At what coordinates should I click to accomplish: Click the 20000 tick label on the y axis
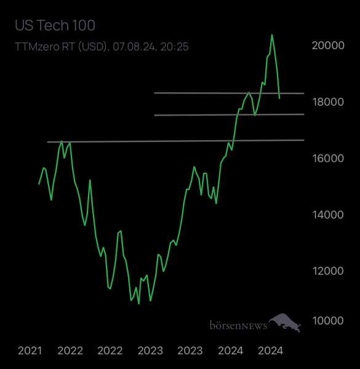pyautogui.click(x=327, y=46)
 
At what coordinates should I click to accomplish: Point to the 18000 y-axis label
pyautogui.click(x=327, y=101)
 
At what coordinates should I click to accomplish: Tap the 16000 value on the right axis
pyautogui.click(x=327, y=158)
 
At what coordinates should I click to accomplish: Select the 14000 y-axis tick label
pyautogui.click(x=327, y=215)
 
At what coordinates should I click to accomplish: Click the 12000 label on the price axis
pyautogui.click(x=327, y=271)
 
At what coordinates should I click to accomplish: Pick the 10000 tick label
pyautogui.click(x=327, y=321)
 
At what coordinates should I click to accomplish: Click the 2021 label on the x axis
pyautogui.click(x=30, y=351)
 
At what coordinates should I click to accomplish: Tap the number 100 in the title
pyautogui.click(x=84, y=26)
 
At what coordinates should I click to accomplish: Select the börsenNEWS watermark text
pyautogui.click(x=238, y=324)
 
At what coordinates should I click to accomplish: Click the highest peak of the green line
pyautogui.click(x=272, y=35)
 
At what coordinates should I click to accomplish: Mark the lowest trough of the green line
pyautogui.click(x=138, y=303)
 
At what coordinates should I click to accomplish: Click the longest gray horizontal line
pyautogui.click(x=175, y=141)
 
